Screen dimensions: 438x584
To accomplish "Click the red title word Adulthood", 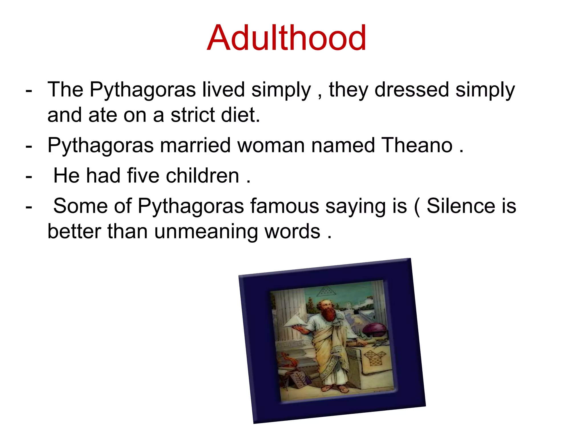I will click(287, 38).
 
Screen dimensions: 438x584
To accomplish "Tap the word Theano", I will click(417, 145).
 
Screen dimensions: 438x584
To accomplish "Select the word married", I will click(195, 145).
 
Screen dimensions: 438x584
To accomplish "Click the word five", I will click(143, 176).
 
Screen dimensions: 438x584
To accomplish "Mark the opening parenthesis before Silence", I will click(417, 206).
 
